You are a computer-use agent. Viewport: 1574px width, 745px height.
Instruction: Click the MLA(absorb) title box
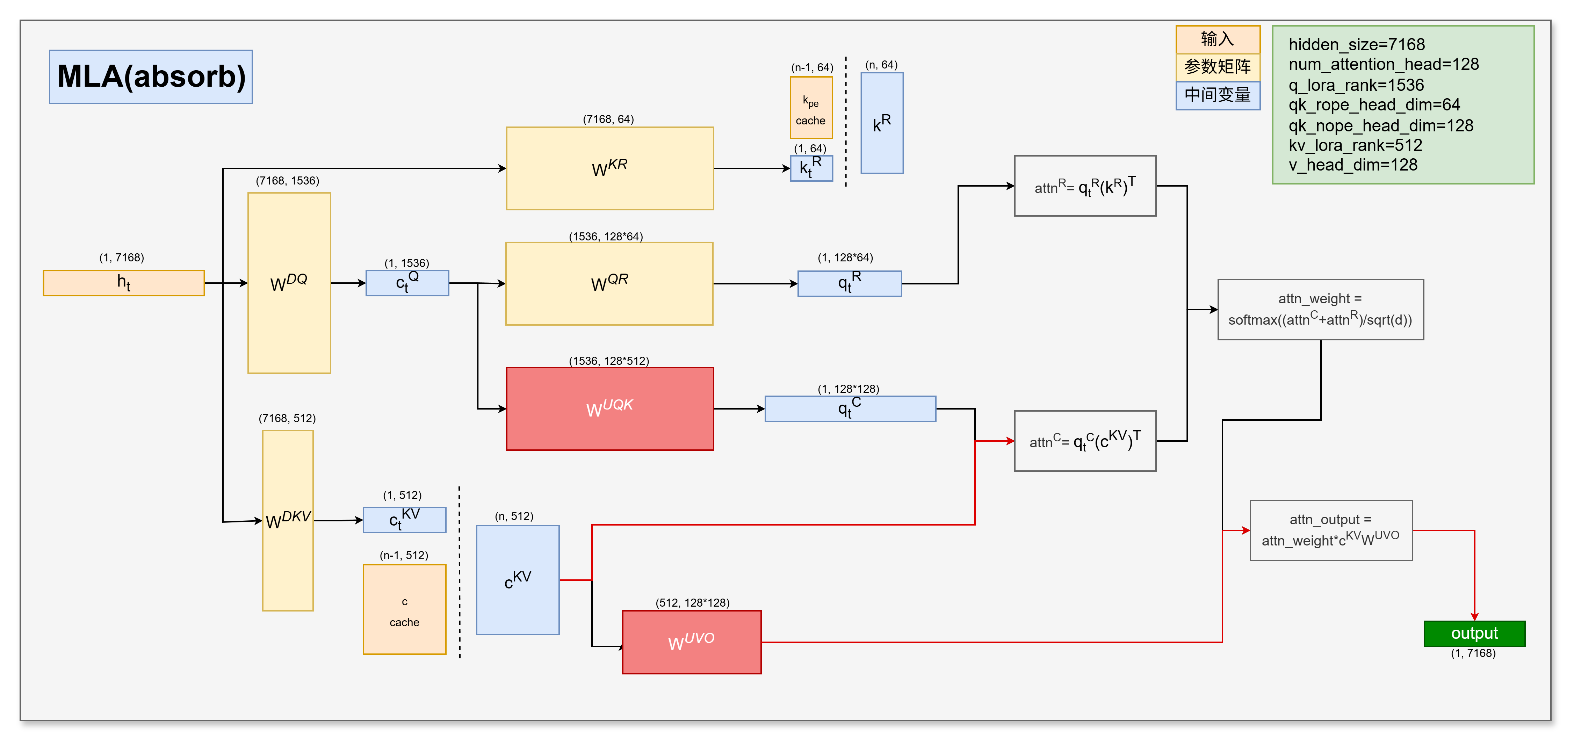tap(151, 77)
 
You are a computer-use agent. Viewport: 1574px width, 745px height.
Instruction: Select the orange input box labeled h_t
tap(123, 283)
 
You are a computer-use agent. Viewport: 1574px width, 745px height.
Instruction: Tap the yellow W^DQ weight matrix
tap(289, 283)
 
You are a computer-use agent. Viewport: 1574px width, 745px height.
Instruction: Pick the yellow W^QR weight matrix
tap(609, 284)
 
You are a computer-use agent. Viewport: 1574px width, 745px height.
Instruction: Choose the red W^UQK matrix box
tap(610, 408)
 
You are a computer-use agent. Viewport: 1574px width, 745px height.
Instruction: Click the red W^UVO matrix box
tap(692, 642)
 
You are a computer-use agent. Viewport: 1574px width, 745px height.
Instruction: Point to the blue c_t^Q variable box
tap(407, 283)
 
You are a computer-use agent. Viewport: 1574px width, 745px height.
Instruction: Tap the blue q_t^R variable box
tap(849, 284)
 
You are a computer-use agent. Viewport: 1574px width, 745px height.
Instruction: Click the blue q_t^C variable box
tap(850, 408)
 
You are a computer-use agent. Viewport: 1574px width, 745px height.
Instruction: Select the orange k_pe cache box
tap(811, 108)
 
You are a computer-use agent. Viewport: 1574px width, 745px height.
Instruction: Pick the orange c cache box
tap(404, 609)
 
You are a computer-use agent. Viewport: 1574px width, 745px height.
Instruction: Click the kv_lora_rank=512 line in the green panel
tap(1355, 145)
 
